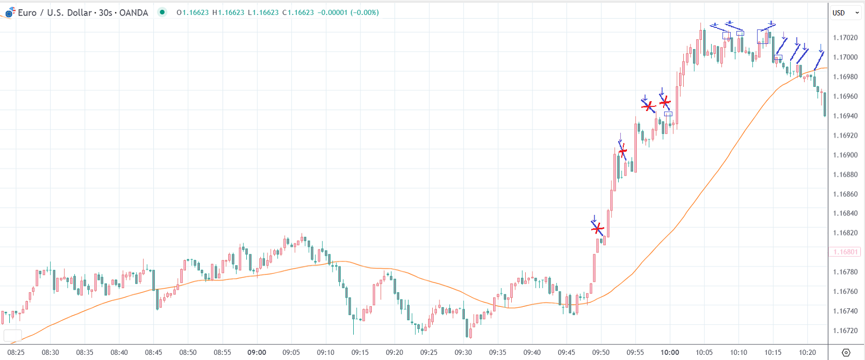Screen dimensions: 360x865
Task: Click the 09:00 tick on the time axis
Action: [x=257, y=352]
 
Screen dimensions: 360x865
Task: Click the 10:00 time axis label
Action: [x=670, y=352]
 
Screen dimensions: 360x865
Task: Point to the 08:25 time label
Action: [x=16, y=352]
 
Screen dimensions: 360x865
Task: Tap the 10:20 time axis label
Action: [x=807, y=352]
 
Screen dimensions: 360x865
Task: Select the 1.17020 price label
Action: [x=845, y=38]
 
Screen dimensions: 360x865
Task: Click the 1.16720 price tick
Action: [x=845, y=331]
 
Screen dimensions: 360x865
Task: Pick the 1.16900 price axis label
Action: [x=845, y=155]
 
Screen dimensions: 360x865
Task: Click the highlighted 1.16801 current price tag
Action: [x=845, y=252]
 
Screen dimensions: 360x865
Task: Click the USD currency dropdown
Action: [x=845, y=13]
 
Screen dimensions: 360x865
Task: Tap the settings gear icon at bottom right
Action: [x=846, y=353]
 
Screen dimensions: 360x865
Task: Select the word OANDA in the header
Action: [x=134, y=13]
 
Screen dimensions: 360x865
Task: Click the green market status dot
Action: [x=162, y=12]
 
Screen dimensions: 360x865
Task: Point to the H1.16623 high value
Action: [x=228, y=12]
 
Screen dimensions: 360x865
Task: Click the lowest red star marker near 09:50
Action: [x=597, y=228]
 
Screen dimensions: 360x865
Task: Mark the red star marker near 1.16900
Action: [x=623, y=151]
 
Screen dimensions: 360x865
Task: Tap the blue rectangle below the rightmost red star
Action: [x=668, y=114]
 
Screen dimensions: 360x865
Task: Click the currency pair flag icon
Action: [x=10, y=13]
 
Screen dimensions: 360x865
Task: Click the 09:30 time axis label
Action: [x=463, y=352]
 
